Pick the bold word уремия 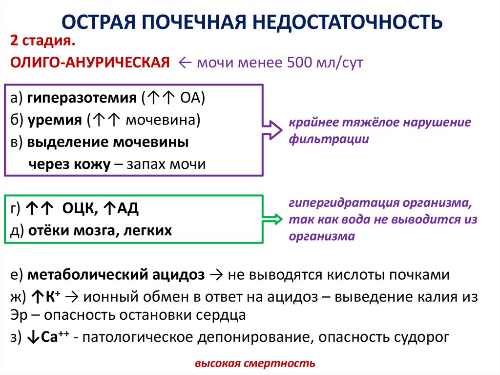pyautogui.click(x=54, y=120)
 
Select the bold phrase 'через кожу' pyautogui.click(x=69, y=164)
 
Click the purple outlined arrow pyautogui.click(x=271, y=130)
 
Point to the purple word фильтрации pyautogui.click(x=328, y=139)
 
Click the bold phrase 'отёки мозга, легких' pyautogui.click(x=100, y=230)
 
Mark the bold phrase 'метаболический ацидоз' pyautogui.click(x=116, y=275)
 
